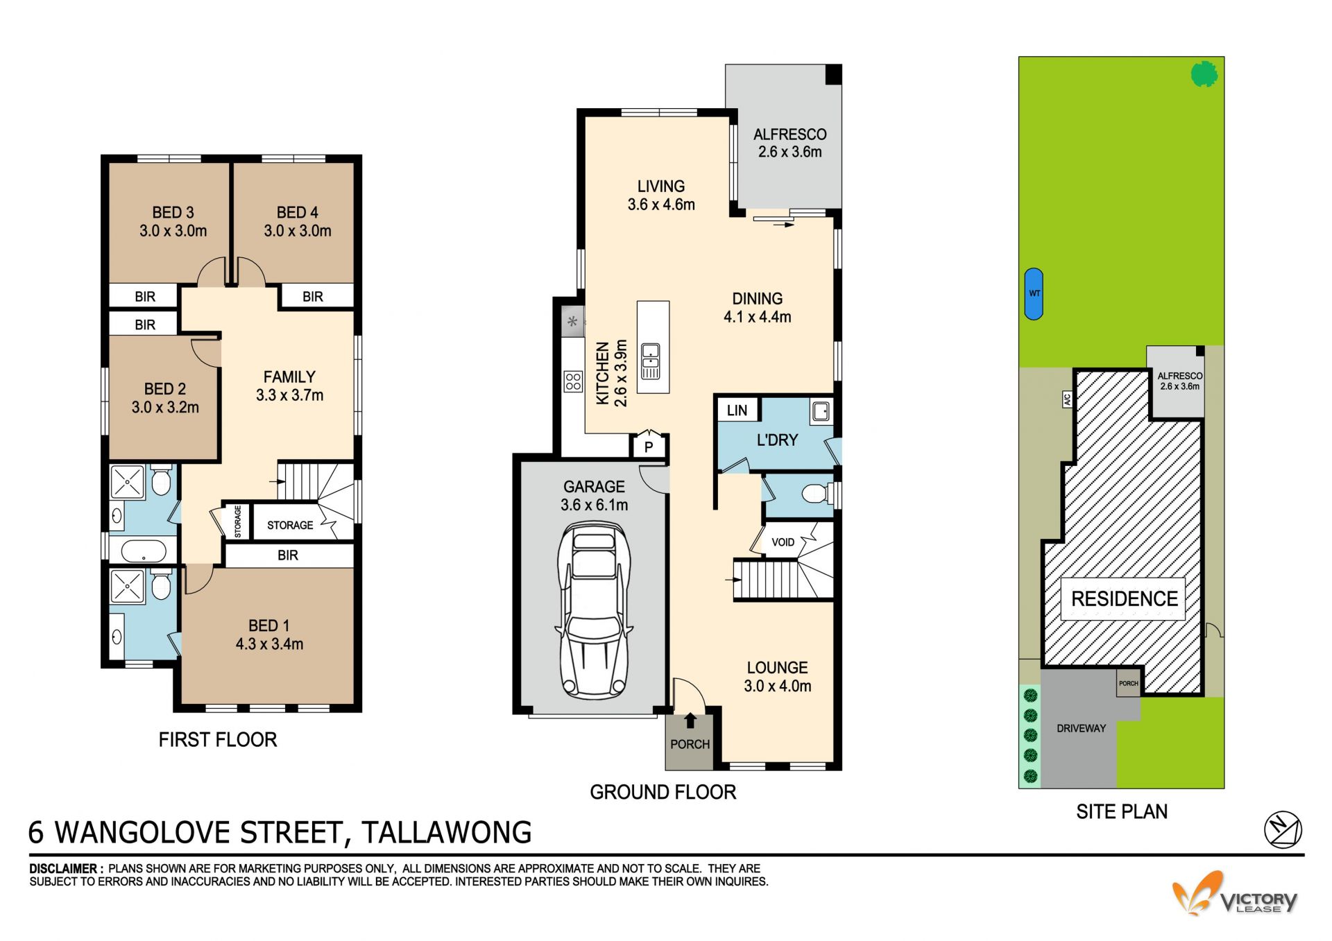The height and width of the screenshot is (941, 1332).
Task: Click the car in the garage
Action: (594, 610)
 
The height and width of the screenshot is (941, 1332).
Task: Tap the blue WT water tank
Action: (1034, 294)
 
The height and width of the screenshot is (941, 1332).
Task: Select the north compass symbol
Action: (1283, 829)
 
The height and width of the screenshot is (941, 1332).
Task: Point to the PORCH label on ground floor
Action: (690, 744)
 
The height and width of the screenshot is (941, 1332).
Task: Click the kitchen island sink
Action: (651, 361)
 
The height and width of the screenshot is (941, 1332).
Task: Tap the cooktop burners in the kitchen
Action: (573, 381)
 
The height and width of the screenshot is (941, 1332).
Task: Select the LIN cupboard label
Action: (737, 411)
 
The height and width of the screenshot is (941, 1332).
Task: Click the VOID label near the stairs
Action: (783, 542)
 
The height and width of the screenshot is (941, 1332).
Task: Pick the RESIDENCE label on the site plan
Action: (1124, 599)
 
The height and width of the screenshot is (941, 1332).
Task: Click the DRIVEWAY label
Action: (1081, 728)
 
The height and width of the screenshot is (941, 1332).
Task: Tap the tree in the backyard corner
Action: (1204, 74)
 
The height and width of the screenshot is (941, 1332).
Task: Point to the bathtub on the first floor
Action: (144, 552)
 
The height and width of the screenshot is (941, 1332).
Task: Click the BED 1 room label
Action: (269, 625)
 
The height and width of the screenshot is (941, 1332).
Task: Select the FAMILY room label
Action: (289, 377)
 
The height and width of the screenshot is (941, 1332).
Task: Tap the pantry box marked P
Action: (649, 446)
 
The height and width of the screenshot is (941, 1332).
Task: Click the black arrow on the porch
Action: (690, 721)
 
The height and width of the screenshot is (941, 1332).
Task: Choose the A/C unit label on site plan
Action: (1067, 399)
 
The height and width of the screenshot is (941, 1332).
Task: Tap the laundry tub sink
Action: (821, 411)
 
